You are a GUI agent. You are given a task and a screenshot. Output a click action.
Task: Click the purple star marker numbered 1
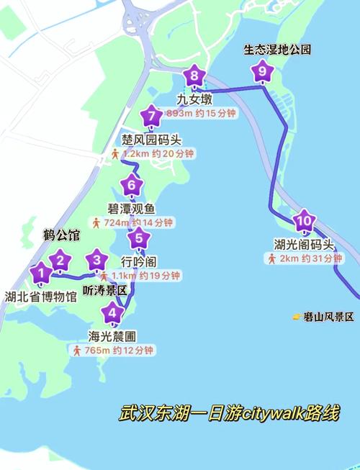(41, 273)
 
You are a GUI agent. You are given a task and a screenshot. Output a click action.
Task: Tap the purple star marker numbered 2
(60, 261)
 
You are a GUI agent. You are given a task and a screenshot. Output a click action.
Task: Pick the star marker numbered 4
(111, 313)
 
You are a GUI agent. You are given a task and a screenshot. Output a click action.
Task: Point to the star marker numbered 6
(131, 186)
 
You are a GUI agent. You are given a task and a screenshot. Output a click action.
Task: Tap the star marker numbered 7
(150, 116)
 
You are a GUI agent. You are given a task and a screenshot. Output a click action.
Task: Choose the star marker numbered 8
(194, 75)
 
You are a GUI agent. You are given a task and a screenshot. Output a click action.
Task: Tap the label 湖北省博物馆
(40, 296)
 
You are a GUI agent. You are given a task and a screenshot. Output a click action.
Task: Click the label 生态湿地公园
(277, 50)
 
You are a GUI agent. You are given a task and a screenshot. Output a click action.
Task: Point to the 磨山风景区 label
(328, 317)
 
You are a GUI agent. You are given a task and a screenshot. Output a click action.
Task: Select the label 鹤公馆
(60, 235)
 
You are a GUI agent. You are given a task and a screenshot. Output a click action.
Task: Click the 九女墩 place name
(194, 96)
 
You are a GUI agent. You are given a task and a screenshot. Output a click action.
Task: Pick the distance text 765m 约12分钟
(120, 351)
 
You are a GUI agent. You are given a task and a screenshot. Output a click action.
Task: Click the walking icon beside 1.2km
(115, 154)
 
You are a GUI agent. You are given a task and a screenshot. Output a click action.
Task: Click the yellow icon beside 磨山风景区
(297, 317)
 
